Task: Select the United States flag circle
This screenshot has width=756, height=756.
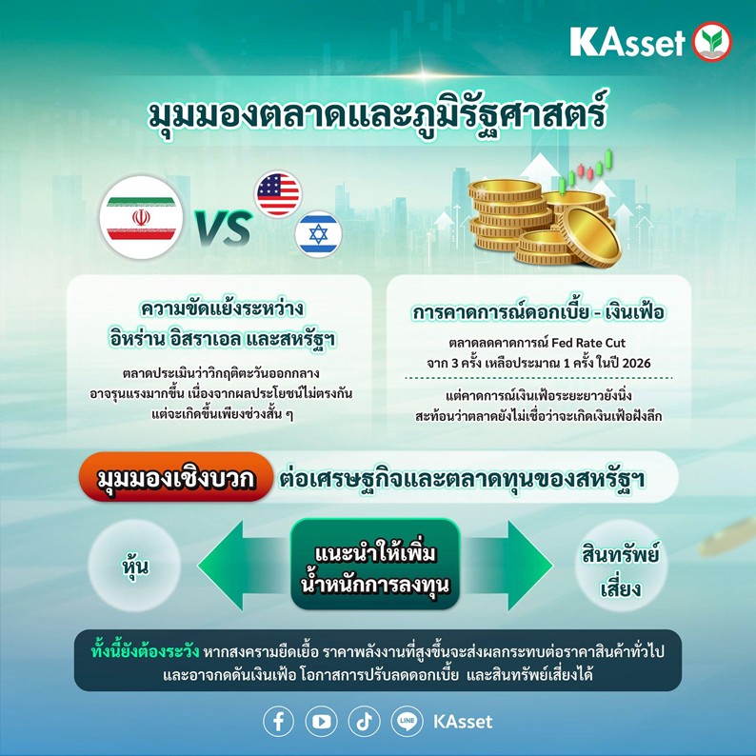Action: pos(277,193)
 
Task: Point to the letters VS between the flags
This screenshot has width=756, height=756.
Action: pos(222,229)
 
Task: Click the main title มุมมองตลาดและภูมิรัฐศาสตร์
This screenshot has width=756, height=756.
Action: pos(377,116)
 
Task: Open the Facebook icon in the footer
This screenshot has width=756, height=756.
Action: pos(278,721)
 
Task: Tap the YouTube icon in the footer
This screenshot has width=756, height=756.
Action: pos(321,721)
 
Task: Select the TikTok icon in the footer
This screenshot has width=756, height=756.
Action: pos(364,721)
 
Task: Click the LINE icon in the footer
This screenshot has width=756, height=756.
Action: pos(407,721)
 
